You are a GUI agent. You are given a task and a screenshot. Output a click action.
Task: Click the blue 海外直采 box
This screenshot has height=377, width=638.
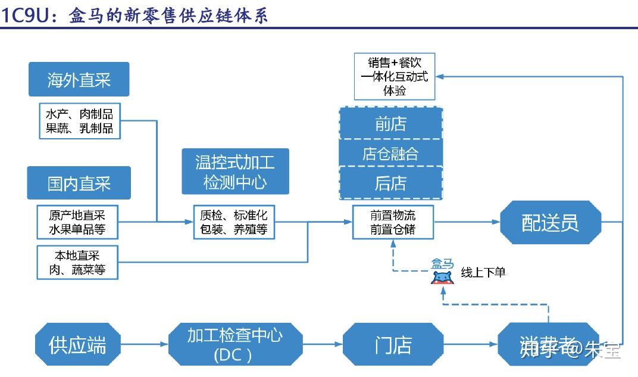(x=79, y=79)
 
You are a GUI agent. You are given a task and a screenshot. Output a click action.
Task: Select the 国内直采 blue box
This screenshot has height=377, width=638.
(x=79, y=183)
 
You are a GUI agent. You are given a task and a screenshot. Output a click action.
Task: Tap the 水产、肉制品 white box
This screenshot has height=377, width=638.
(x=79, y=121)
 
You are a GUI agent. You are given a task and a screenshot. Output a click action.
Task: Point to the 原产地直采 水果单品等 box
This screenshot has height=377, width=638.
(x=77, y=222)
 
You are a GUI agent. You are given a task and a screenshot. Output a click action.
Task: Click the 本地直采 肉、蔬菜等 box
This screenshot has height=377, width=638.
(x=77, y=263)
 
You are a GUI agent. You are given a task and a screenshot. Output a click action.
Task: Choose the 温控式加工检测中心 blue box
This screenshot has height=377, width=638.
(x=235, y=172)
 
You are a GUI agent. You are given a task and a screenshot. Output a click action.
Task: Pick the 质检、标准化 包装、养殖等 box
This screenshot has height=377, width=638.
(x=234, y=222)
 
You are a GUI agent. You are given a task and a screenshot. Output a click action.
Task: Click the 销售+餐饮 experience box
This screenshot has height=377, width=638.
(x=394, y=76)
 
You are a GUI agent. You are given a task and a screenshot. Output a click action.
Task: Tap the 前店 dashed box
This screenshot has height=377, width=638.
(x=390, y=123)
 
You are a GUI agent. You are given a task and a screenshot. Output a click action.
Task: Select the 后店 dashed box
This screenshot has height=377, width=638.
(x=390, y=183)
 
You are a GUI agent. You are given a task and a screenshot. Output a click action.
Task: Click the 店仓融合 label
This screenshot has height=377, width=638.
(x=390, y=154)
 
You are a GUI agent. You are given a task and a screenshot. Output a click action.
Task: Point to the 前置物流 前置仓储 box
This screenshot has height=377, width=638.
(x=392, y=222)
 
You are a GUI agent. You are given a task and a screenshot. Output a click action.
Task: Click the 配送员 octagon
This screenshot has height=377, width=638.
(x=549, y=222)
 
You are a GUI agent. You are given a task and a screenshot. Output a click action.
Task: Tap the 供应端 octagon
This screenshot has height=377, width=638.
(x=77, y=344)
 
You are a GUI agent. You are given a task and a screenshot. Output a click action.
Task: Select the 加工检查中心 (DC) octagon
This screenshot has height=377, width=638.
(x=235, y=344)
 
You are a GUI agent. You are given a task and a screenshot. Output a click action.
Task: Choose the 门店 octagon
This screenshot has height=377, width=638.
(x=393, y=344)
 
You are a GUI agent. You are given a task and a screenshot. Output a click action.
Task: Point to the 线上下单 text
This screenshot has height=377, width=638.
(x=483, y=272)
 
